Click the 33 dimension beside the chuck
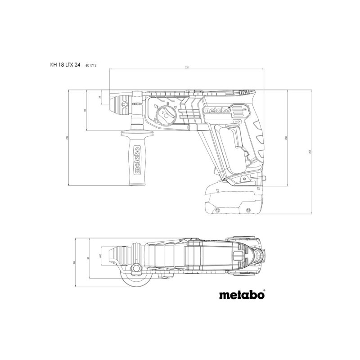100,97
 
